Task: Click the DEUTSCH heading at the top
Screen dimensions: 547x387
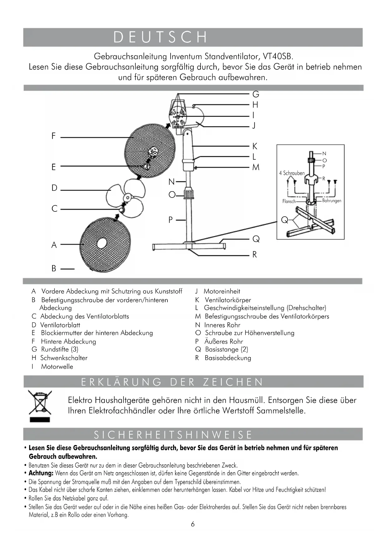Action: click(x=160, y=37)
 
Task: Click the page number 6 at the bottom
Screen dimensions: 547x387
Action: click(x=193, y=524)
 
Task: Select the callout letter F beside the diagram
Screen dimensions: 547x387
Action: click(x=54, y=136)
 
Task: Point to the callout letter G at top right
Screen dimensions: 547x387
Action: click(x=256, y=94)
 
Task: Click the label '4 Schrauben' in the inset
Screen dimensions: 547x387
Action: click(x=292, y=173)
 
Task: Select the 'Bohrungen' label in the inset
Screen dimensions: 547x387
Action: click(x=332, y=201)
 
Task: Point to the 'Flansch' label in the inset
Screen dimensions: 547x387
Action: click(x=289, y=201)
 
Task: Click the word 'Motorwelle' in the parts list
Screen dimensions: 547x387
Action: click(x=57, y=367)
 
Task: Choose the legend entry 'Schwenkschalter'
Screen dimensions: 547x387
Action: click(x=64, y=358)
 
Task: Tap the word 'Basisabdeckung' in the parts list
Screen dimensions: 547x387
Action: click(x=228, y=358)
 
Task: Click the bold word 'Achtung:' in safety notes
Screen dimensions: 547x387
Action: click(x=41, y=473)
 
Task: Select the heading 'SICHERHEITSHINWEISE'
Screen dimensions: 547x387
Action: click(x=173, y=435)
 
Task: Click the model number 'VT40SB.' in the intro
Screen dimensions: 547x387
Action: click(x=278, y=56)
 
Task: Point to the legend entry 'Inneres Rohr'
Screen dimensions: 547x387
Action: click(x=222, y=325)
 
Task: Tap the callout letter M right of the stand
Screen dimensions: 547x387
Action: click(x=256, y=167)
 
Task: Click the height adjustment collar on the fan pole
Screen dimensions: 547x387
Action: click(x=189, y=194)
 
